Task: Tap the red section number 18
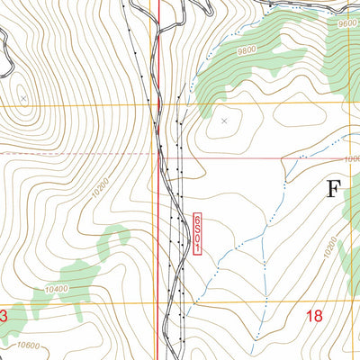coord(314,316)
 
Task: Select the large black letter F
coord(334,190)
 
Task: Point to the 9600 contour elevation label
coord(348,25)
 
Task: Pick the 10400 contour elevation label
coord(56,290)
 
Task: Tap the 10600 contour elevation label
coord(28,345)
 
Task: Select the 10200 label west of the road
coord(100,185)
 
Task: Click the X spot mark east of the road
coord(224,118)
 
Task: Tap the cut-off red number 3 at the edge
coord(3,316)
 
